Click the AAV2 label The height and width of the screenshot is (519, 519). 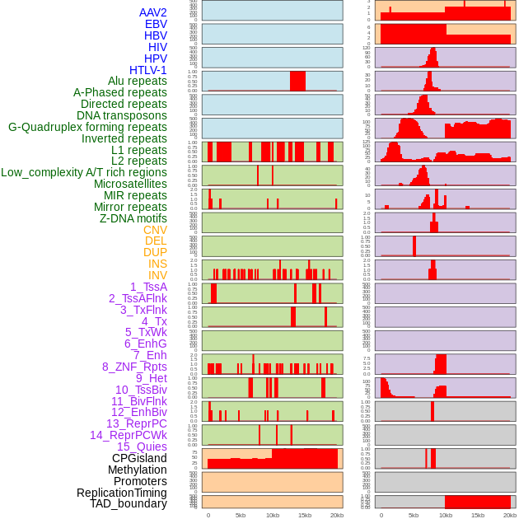(x=152, y=12)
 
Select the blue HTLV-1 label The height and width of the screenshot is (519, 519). (x=147, y=70)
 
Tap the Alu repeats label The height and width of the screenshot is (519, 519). (x=137, y=81)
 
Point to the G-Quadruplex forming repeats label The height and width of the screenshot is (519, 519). (x=87, y=127)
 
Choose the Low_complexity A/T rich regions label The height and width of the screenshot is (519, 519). (x=84, y=172)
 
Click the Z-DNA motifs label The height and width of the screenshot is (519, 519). (x=133, y=218)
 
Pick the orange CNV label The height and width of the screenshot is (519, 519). (x=155, y=230)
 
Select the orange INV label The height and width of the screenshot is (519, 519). (x=157, y=275)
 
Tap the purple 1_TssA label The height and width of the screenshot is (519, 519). (x=148, y=287)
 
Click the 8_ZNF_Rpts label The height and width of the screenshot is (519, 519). (x=134, y=367)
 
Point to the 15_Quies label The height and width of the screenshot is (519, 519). (x=142, y=447)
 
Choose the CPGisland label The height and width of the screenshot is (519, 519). (x=139, y=458)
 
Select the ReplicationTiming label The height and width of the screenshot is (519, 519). (x=121, y=493)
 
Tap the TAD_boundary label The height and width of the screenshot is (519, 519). (x=128, y=503)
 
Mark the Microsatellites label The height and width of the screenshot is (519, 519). (x=130, y=184)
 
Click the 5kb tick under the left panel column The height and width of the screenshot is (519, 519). (x=241, y=515)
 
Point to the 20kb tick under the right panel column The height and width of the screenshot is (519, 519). (x=510, y=515)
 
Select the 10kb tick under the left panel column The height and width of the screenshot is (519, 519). (x=273, y=515)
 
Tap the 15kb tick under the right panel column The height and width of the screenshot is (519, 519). (x=478, y=515)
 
